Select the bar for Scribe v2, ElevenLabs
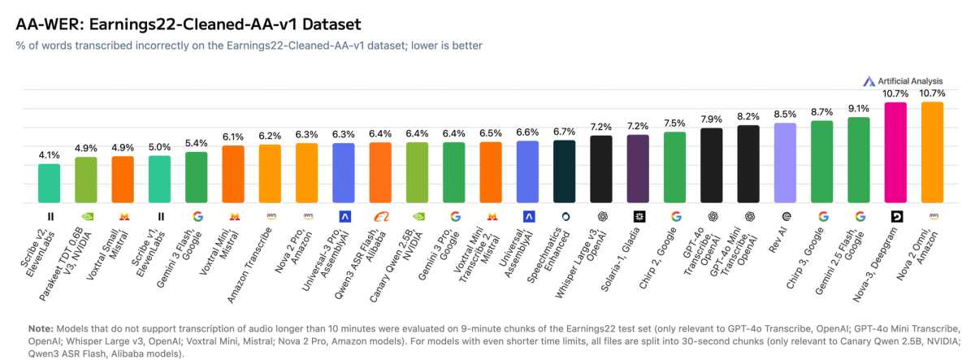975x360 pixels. [50, 183]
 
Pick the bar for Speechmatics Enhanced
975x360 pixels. [565, 171]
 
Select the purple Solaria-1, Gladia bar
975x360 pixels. [638, 168]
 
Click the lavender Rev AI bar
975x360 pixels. [785, 163]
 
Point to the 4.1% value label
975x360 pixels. [50, 154]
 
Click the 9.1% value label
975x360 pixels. [859, 108]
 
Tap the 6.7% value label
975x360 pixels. [565, 131]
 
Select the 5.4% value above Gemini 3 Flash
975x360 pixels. [197, 142]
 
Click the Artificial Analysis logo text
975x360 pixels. [908, 81]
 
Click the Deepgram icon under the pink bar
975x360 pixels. [895, 216]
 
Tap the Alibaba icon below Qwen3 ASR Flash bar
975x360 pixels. [380, 216]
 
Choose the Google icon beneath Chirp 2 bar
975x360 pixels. [674, 216]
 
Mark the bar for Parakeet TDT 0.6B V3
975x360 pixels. [86, 180]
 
